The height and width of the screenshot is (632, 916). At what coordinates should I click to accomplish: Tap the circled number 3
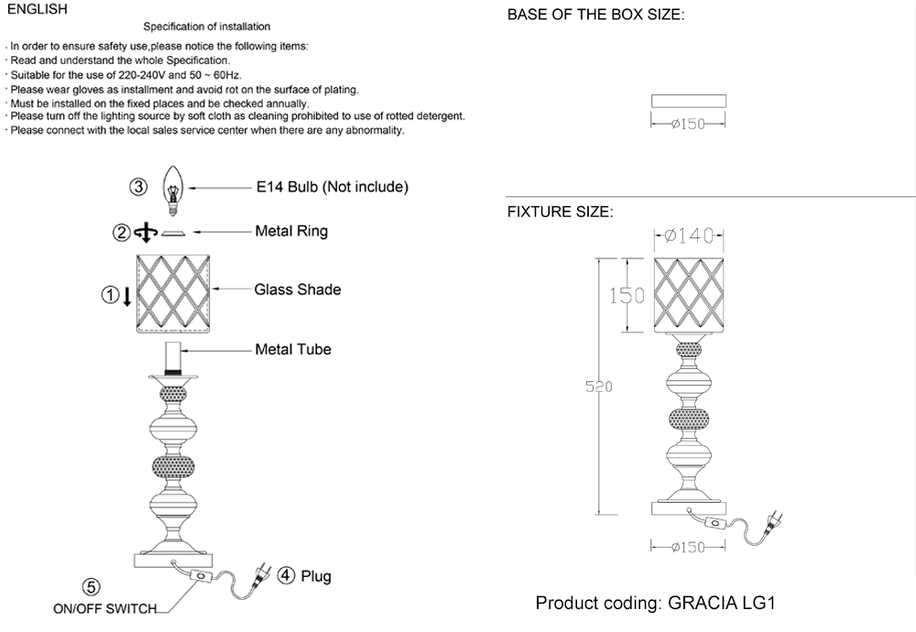click(x=137, y=188)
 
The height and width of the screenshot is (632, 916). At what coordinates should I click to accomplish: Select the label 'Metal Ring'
click(x=291, y=232)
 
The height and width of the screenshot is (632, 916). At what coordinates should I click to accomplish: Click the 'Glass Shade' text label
click(x=298, y=289)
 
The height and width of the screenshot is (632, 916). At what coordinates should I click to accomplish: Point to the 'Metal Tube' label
click(x=293, y=349)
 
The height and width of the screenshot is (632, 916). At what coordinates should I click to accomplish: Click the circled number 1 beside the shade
click(x=109, y=295)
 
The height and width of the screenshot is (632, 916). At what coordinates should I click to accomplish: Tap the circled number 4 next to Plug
click(x=286, y=576)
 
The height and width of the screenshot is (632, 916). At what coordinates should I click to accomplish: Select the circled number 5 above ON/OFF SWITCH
click(x=92, y=587)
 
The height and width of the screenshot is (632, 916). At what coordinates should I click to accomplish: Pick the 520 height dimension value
click(x=598, y=387)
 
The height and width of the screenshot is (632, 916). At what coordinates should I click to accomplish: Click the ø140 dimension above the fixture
click(x=690, y=236)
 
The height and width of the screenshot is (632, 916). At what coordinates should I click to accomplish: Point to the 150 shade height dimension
click(x=627, y=296)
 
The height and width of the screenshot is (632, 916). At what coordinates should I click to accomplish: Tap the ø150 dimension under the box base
click(x=687, y=125)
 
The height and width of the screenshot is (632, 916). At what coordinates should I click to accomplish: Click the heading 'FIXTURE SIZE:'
click(x=560, y=212)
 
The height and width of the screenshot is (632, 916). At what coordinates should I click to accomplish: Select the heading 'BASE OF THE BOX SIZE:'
click(x=595, y=15)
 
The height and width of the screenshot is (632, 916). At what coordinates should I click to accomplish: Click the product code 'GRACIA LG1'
click(x=723, y=605)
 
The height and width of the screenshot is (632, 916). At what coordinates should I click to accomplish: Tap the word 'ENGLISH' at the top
click(x=37, y=9)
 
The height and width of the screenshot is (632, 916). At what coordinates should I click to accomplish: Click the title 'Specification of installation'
click(x=206, y=27)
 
